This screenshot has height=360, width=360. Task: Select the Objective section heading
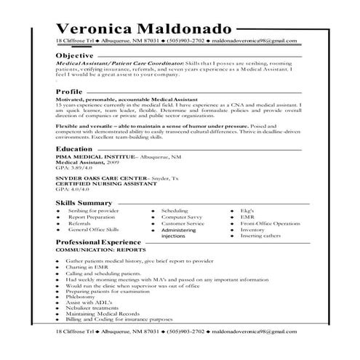(76, 55)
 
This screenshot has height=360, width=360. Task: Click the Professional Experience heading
(98, 240)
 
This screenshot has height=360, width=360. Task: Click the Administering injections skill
(183, 233)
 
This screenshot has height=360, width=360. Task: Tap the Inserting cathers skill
(260, 236)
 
